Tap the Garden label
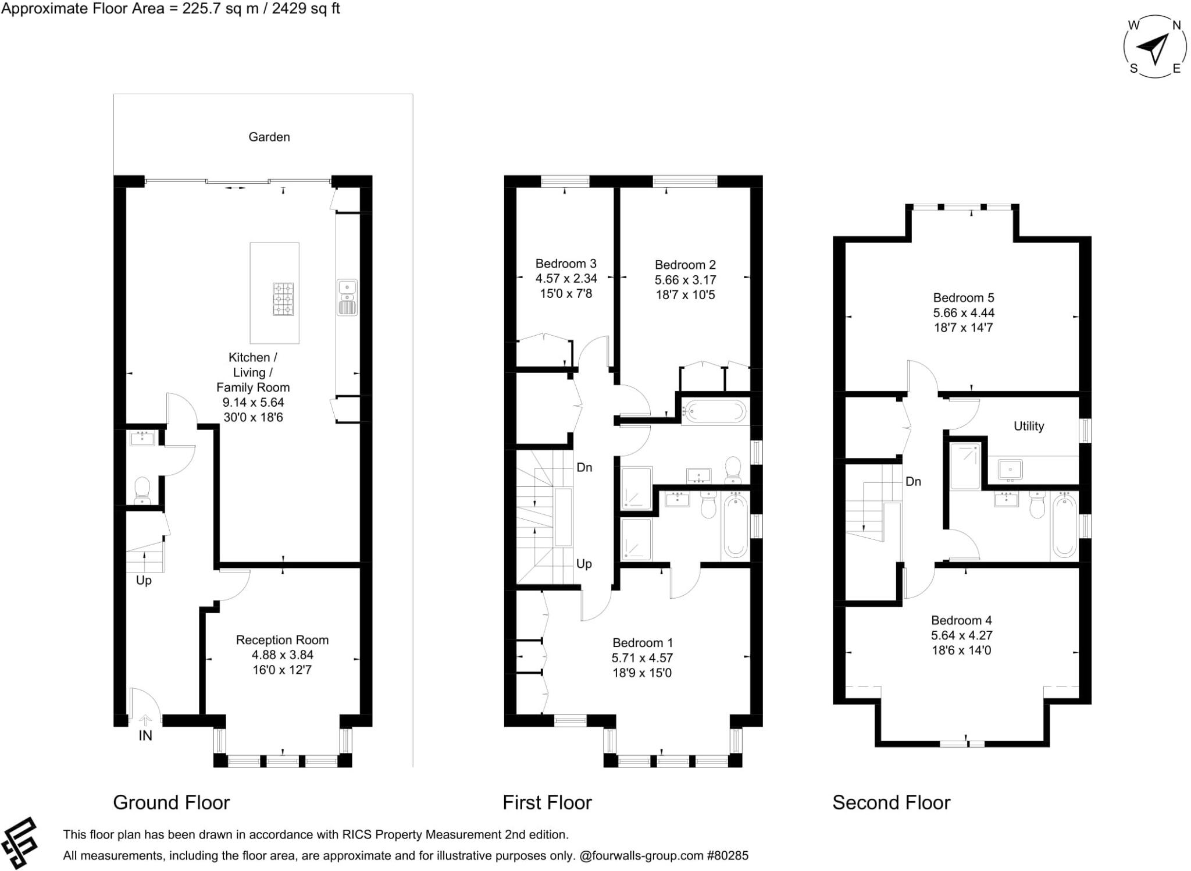point(269,137)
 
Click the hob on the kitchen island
point(283,299)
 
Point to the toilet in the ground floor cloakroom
point(142,490)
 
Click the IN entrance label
point(145,735)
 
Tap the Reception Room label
point(282,640)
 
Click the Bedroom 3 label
point(565,264)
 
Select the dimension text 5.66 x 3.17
point(685,280)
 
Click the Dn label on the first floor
point(584,467)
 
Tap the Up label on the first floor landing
point(584,564)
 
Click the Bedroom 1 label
point(642,643)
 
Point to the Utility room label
point(1028,426)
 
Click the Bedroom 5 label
point(963,298)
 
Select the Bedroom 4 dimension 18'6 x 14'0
point(961,650)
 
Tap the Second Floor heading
point(891,803)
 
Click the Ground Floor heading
point(171,803)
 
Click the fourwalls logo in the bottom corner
point(19,843)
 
